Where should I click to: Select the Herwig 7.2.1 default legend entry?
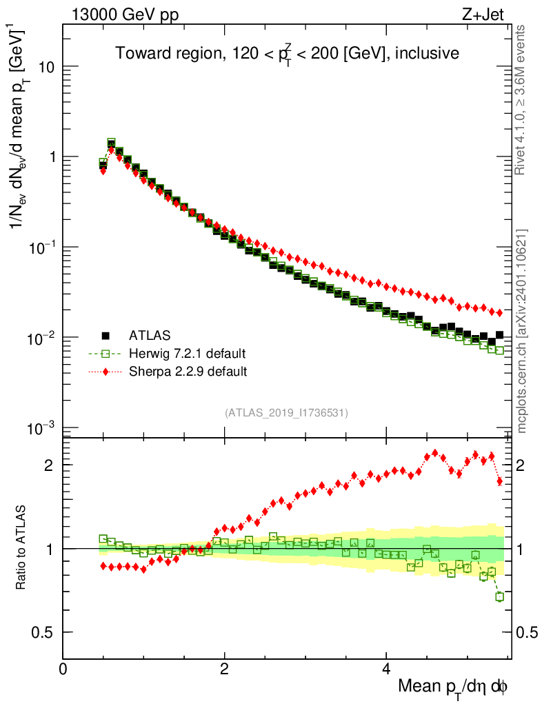[187, 354]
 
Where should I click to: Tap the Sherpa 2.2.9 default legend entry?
[188, 372]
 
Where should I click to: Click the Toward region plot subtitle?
[287, 53]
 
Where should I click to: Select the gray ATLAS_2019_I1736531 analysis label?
[286, 413]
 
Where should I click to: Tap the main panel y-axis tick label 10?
[46, 67]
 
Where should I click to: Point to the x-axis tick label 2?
[224, 668]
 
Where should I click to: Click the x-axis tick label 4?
[385, 668]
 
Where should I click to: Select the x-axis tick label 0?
[63, 668]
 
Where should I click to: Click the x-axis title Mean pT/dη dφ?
[453, 687]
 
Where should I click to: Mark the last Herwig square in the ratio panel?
[499, 596]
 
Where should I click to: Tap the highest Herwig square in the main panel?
[111, 143]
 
